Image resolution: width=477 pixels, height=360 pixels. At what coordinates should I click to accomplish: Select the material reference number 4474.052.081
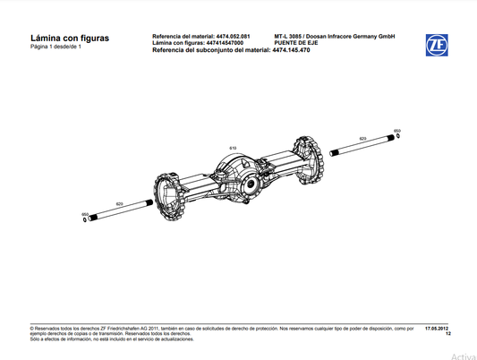[234, 36]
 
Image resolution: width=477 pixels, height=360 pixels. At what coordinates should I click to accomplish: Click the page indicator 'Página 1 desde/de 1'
[61, 47]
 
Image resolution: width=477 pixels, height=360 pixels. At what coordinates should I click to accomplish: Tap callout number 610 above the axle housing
[232, 147]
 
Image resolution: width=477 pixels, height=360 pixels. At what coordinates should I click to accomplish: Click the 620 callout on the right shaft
[362, 139]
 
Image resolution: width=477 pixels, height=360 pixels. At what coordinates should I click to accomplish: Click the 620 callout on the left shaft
[119, 205]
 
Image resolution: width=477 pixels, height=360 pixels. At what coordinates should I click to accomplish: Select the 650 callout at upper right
[397, 130]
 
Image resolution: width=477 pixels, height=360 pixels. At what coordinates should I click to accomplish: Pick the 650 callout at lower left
[85, 215]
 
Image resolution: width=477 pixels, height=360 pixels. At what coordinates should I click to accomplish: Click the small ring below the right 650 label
[398, 137]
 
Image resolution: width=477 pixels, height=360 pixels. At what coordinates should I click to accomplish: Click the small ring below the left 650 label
[85, 222]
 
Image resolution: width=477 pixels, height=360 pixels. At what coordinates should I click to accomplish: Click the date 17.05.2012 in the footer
[436, 329]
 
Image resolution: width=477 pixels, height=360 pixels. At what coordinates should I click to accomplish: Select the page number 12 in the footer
[447, 334]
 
